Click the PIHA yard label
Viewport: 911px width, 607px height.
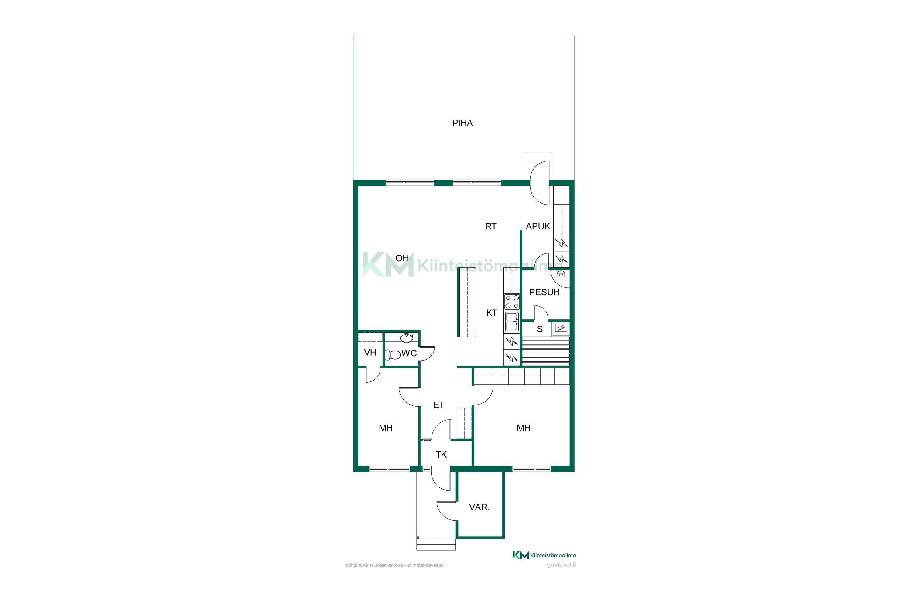[462, 123]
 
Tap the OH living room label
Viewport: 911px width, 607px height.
[402, 258]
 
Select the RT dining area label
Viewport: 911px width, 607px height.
[491, 226]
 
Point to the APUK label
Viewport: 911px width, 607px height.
[538, 226]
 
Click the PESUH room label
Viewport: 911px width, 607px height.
[544, 292]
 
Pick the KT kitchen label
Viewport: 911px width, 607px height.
[492, 313]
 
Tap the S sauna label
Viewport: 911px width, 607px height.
[540, 329]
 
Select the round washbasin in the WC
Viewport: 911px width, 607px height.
[406, 338]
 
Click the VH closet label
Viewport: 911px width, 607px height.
[370, 353]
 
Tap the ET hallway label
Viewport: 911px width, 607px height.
[438, 405]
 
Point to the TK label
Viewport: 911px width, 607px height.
[441, 454]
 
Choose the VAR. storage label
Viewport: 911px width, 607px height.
[479, 507]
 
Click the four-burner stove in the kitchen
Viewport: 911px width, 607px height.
[512, 302]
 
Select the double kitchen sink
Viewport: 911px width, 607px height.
[512, 322]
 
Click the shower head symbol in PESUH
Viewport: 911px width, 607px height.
[561, 273]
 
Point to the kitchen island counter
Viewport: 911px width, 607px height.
[467, 302]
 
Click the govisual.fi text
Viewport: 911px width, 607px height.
[561, 565]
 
